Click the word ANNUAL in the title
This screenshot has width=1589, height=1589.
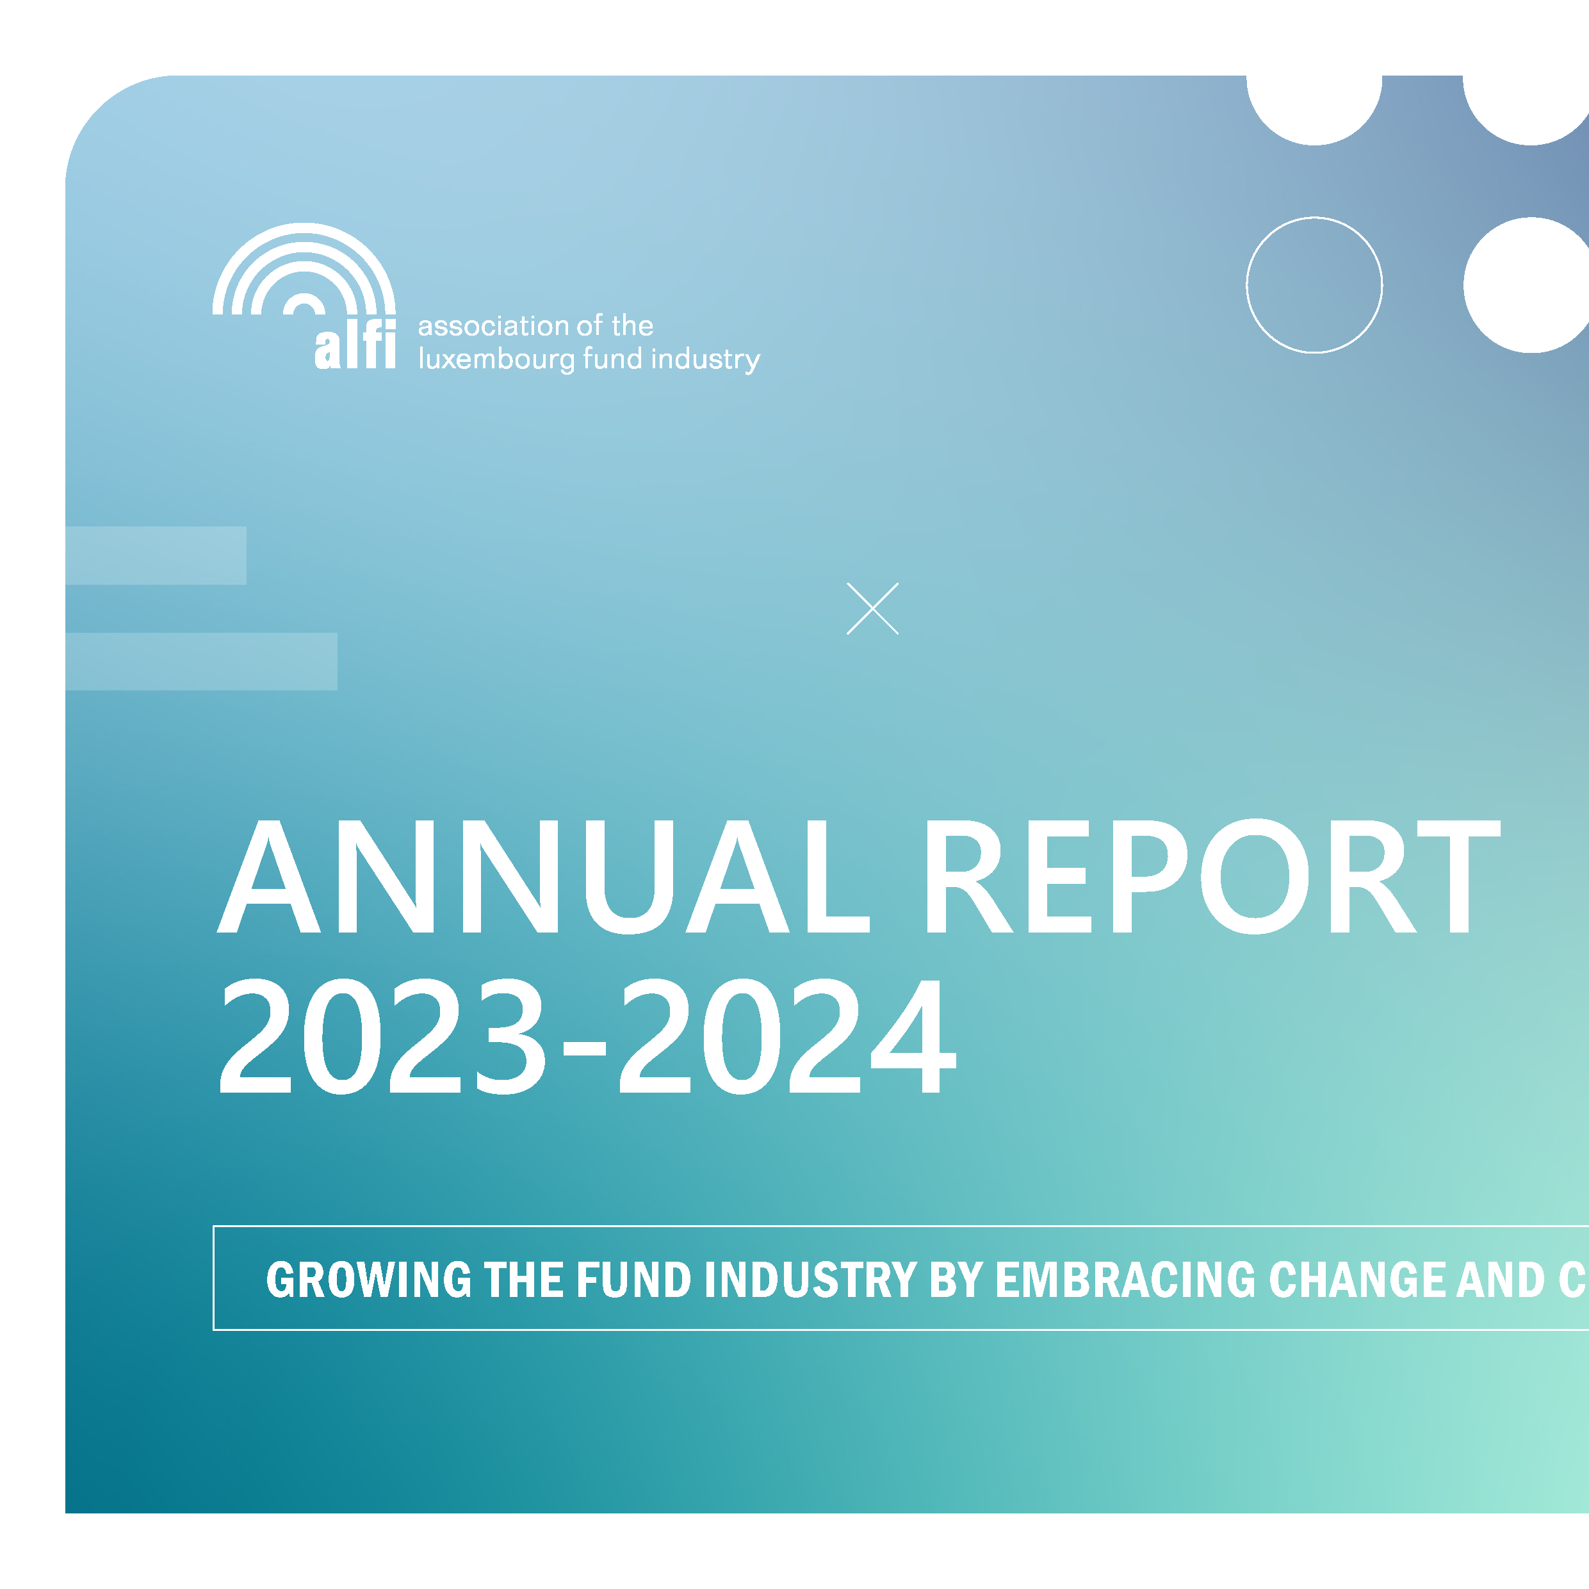(x=543, y=877)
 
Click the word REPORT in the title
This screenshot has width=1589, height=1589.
(x=1212, y=877)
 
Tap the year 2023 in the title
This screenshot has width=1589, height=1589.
(x=382, y=1036)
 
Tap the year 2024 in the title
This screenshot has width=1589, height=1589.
(x=787, y=1036)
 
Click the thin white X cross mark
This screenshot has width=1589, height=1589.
(x=872, y=608)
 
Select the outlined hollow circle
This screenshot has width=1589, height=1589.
(x=1314, y=286)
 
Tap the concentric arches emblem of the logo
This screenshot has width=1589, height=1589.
(x=304, y=272)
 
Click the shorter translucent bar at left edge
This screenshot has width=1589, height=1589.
(x=156, y=555)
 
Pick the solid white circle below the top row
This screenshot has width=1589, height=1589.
(x=1528, y=286)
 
